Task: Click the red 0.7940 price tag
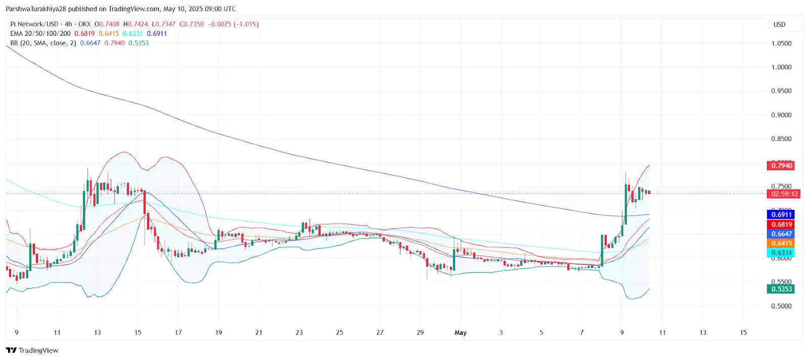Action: click(x=781, y=166)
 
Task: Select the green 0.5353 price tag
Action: click(x=781, y=289)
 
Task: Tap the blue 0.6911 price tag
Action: click(x=781, y=215)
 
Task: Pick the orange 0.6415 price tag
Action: click(x=781, y=244)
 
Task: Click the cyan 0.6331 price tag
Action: click(x=781, y=253)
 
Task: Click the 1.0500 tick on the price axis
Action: click(x=781, y=43)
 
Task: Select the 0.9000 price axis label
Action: click(x=781, y=115)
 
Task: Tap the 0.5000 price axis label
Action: click(x=781, y=306)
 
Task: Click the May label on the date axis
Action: click(x=461, y=333)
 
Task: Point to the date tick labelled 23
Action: click(x=299, y=333)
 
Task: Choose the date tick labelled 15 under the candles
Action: click(x=138, y=333)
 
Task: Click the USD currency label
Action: click(x=779, y=25)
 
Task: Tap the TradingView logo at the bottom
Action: click(x=32, y=350)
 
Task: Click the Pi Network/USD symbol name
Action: click(x=34, y=24)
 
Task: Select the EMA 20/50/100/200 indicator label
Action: click(x=40, y=34)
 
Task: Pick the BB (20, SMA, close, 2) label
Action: click(x=43, y=43)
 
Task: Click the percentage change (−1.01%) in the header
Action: click(x=246, y=24)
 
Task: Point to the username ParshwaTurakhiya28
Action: click(x=36, y=9)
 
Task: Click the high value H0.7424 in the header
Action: click(x=136, y=24)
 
